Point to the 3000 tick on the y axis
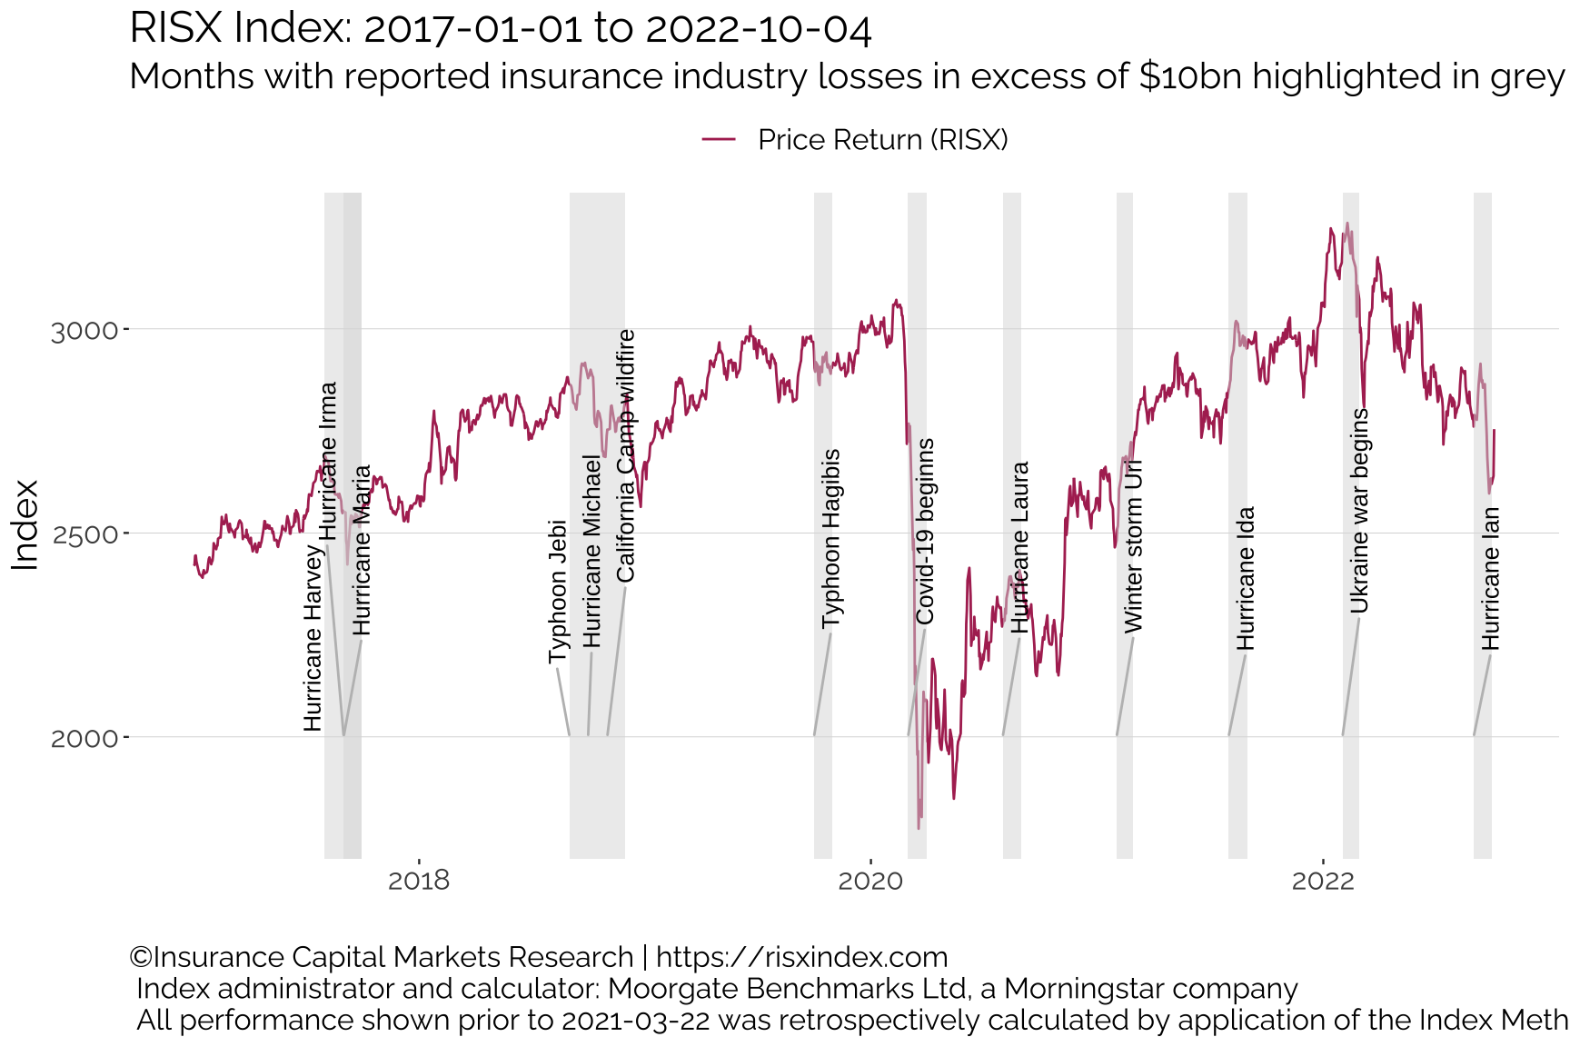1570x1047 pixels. click(x=84, y=330)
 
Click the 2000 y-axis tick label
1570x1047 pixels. click(x=84, y=738)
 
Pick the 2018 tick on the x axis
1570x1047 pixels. click(x=419, y=880)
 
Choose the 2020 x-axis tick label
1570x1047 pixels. click(x=870, y=880)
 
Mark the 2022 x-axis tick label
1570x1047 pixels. click(x=1323, y=880)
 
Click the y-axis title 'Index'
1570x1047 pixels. click(x=26, y=525)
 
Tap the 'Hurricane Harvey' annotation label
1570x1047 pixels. click(x=313, y=637)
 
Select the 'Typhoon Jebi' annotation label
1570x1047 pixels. click(x=558, y=592)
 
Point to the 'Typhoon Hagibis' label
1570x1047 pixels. click(x=830, y=539)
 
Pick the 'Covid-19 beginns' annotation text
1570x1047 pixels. click(x=925, y=532)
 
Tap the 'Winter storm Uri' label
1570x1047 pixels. click(x=1133, y=545)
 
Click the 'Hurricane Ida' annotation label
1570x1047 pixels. click(x=1246, y=578)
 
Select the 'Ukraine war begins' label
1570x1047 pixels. click(x=1359, y=511)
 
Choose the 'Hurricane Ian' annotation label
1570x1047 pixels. click(x=1491, y=578)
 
